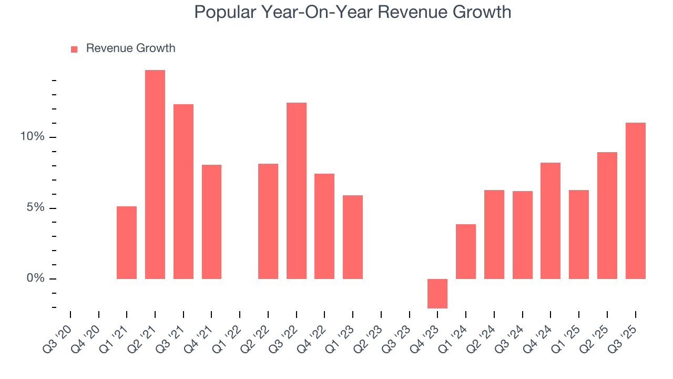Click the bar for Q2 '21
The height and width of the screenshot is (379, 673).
[155, 174]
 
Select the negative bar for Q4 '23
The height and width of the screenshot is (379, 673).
[437, 293]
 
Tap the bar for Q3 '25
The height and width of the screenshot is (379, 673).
[636, 201]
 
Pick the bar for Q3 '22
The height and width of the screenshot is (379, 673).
[297, 191]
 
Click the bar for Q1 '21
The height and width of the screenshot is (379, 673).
[127, 242]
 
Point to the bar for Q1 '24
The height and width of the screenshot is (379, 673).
[466, 251]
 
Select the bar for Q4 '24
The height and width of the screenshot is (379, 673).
[550, 221]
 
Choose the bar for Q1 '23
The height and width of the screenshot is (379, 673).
[353, 237]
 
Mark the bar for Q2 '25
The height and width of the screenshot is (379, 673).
[607, 215]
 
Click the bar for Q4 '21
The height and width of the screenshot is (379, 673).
[211, 222]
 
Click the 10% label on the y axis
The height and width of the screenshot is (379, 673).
[32, 137]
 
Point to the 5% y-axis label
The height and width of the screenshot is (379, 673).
[35, 208]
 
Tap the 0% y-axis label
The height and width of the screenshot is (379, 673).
[35, 278]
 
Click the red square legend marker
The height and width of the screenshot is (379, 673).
[74, 49]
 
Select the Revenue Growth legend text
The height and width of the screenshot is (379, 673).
[130, 48]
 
